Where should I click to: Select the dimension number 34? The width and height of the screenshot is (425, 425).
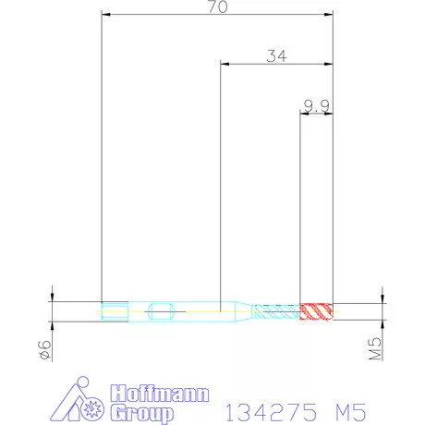(x=275, y=55)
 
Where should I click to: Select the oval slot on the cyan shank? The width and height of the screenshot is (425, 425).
(x=160, y=310)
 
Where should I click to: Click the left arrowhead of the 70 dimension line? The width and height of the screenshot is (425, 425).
(x=104, y=15)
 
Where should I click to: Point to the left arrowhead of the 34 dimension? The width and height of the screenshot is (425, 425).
(x=225, y=64)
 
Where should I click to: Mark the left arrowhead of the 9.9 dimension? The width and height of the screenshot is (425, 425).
(x=305, y=114)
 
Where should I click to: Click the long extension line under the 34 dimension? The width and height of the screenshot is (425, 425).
(x=220, y=185)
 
